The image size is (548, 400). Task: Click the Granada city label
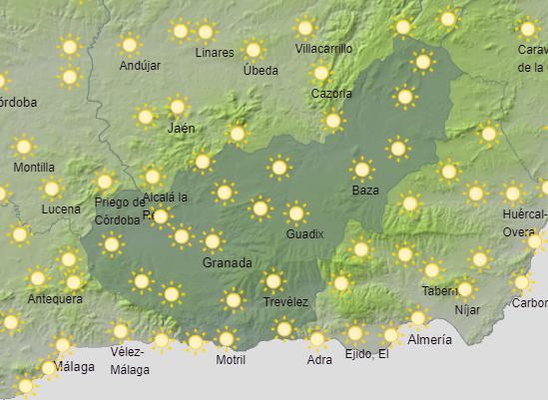coord(227,263)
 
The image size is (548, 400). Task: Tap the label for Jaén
coord(181,128)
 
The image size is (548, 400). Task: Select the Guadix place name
coord(304,234)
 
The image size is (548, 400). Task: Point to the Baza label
coord(365,190)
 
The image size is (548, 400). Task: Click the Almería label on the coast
coord(430,340)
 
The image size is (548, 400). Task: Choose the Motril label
coord(231,360)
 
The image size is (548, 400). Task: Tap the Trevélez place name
coord(286,302)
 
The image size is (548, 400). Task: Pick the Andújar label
coord(140,65)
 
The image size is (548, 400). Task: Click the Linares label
coord(215,53)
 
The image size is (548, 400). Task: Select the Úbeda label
coord(261,70)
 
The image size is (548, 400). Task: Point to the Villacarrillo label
coord(324,49)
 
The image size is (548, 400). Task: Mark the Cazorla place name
coord(331,93)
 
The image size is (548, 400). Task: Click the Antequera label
coord(55,299)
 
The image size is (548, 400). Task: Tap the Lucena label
coord(61,209)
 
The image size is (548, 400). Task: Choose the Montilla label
coord(34,167)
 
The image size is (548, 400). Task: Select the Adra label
coord(320,360)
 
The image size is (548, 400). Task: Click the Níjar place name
coord(467,310)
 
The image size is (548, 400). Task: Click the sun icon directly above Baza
coord(362,169)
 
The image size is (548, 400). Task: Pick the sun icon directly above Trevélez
coord(273,282)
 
